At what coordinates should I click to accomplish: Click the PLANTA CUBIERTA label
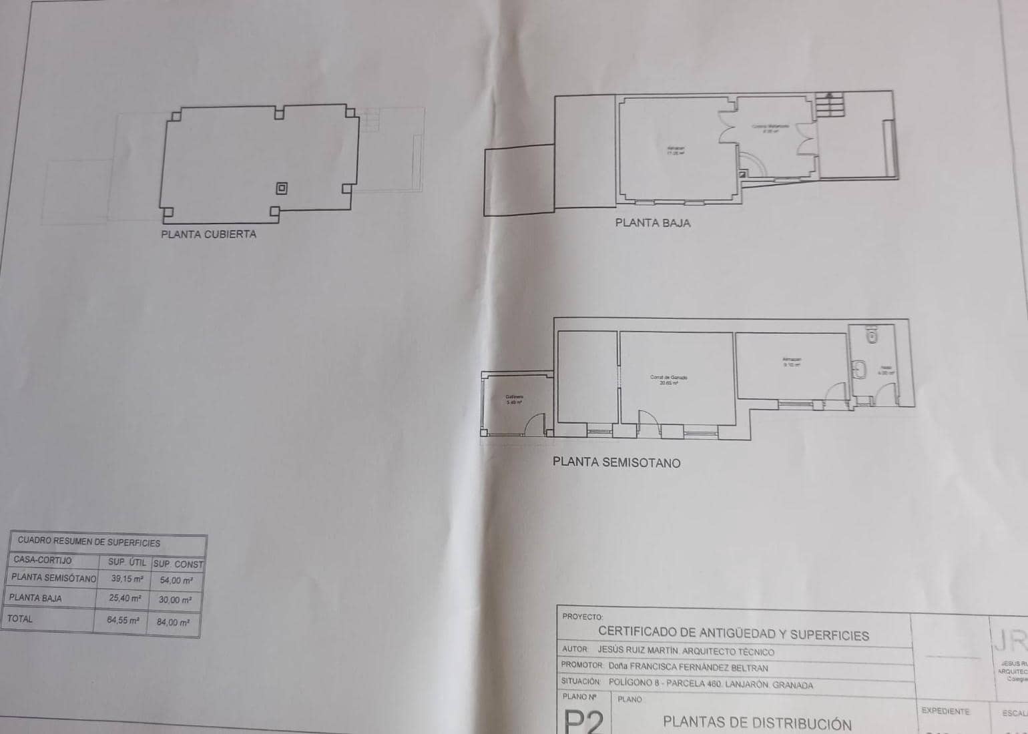pyautogui.click(x=208, y=234)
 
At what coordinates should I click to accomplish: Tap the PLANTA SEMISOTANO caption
pyautogui.click(x=616, y=462)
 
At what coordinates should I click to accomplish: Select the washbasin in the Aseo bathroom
pyautogui.click(x=860, y=369)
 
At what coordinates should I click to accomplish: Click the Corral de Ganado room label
pyautogui.click(x=668, y=380)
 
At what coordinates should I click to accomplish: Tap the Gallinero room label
pyautogui.click(x=514, y=400)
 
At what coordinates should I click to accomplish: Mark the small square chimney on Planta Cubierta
pyautogui.click(x=282, y=188)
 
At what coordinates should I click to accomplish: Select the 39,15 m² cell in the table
pyautogui.click(x=127, y=579)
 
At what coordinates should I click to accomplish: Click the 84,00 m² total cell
pyautogui.click(x=174, y=622)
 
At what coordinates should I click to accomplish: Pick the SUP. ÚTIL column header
pyautogui.click(x=127, y=563)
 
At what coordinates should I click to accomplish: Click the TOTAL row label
pyautogui.click(x=20, y=619)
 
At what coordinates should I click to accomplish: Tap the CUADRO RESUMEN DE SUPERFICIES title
pyautogui.click(x=89, y=542)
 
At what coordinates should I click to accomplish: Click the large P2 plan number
pyautogui.click(x=584, y=721)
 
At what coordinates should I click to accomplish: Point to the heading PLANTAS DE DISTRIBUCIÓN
pyautogui.click(x=757, y=723)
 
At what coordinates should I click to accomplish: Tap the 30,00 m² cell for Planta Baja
pyautogui.click(x=175, y=600)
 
